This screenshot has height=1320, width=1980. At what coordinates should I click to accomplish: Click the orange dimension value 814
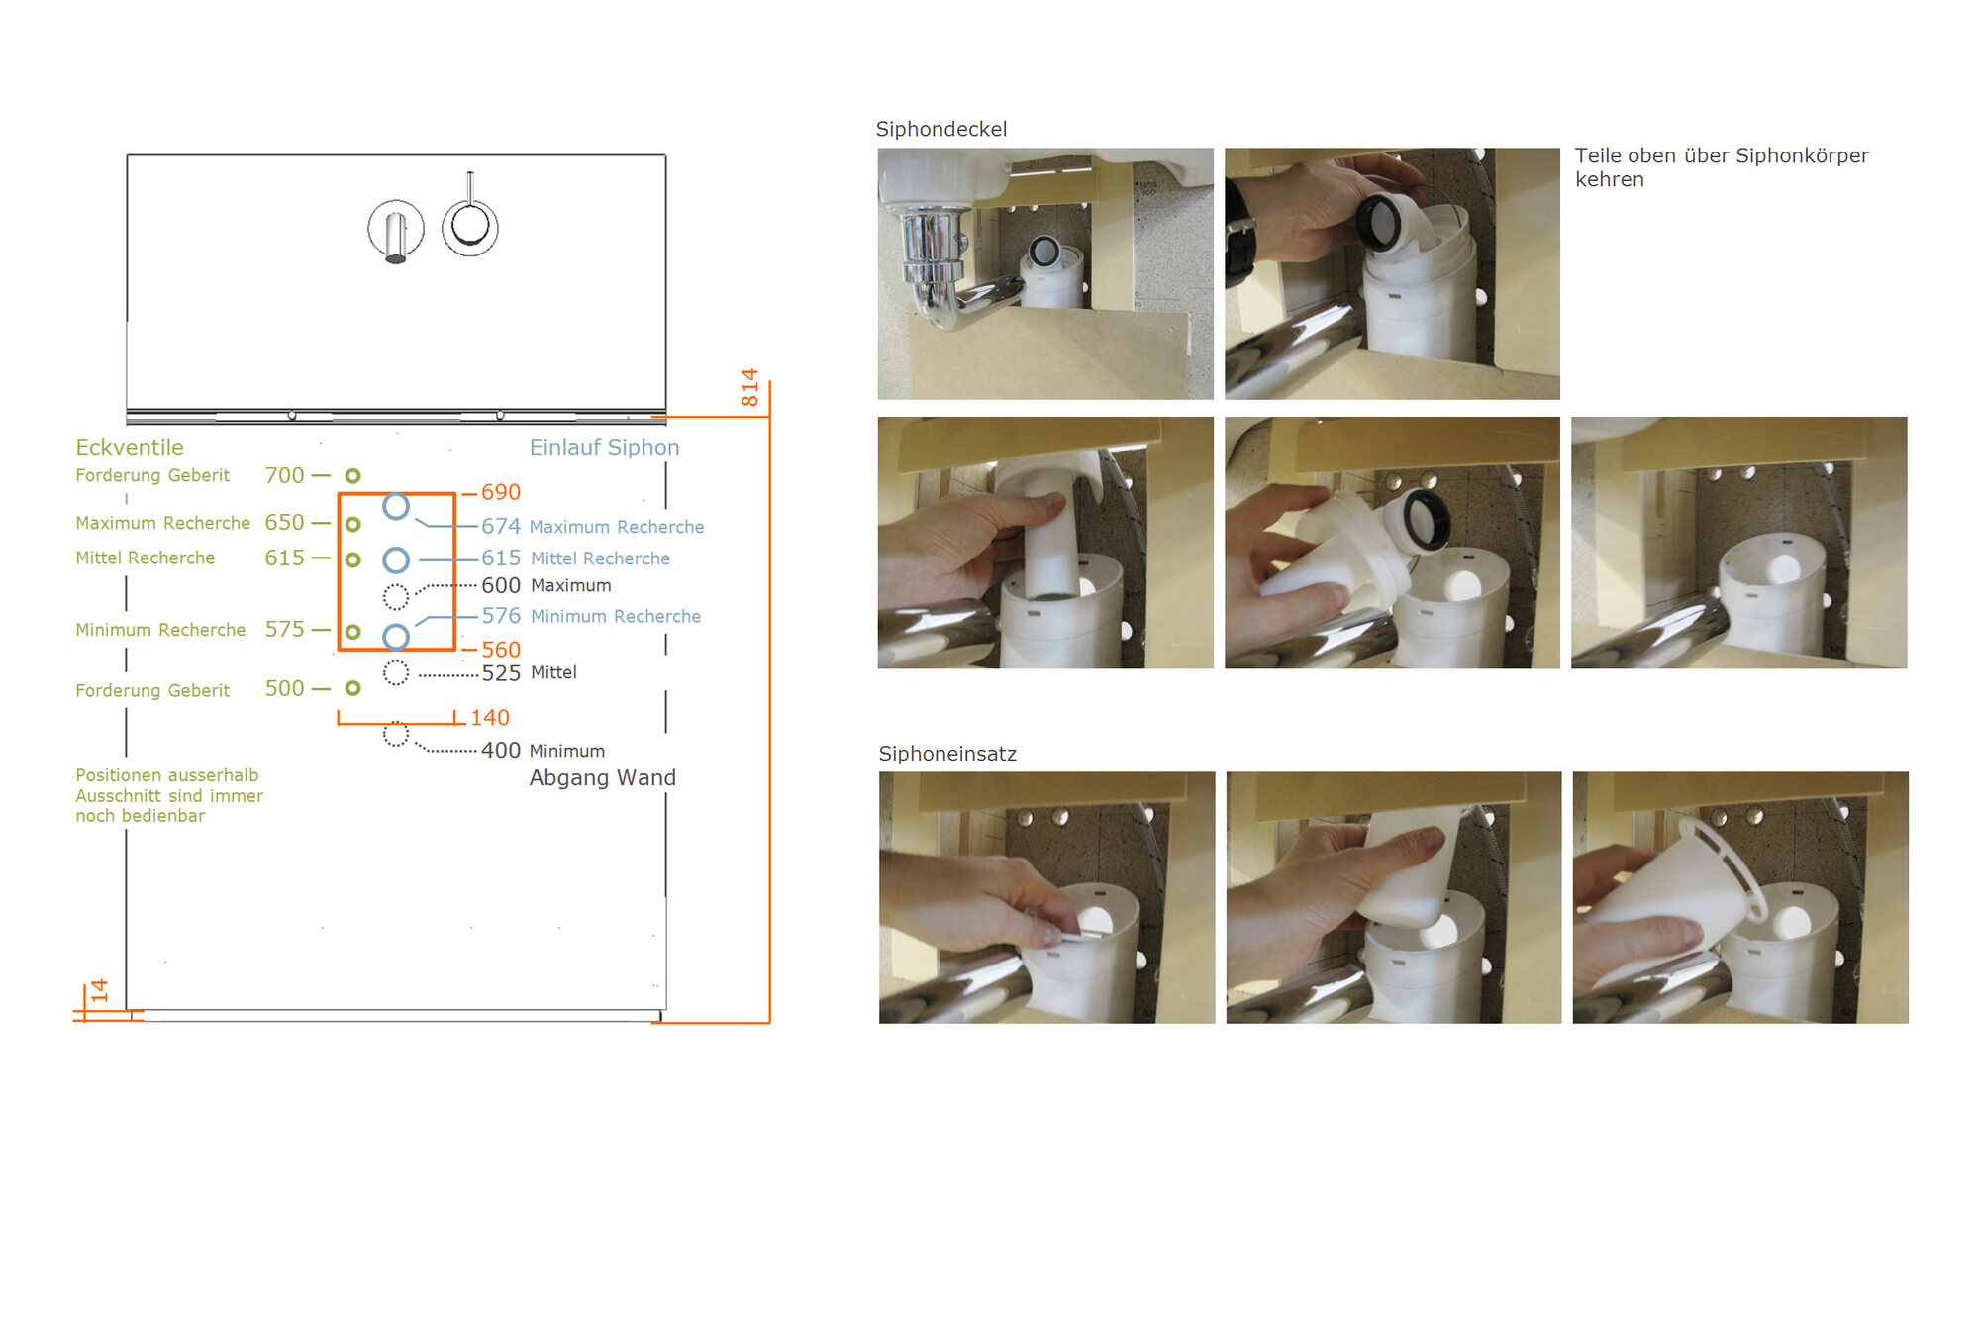point(749,387)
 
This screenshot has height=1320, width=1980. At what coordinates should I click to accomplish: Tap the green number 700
point(284,475)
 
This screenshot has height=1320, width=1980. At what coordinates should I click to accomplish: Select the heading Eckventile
point(130,447)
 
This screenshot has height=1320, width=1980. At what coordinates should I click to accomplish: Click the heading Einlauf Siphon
point(604,447)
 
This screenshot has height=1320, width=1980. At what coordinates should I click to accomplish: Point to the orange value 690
point(501,492)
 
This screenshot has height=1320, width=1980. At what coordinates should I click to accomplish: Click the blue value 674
point(501,527)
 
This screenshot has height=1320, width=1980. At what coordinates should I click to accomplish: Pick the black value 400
point(501,751)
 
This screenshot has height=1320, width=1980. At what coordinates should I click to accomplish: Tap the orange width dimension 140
point(490,718)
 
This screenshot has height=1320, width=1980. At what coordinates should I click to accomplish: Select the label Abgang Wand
point(603,778)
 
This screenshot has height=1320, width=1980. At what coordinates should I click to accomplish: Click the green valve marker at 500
point(352,688)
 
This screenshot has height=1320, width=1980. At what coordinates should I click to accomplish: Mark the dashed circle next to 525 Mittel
point(396,673)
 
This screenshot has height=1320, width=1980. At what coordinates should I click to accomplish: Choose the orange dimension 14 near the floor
point(100,990)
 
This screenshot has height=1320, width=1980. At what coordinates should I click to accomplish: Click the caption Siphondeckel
point(940,129)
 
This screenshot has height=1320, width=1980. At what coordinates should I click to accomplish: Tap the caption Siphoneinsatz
point(947,754)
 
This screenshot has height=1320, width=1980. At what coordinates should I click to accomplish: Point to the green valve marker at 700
point(352,476)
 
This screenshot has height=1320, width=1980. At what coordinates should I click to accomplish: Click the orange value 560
point(501,650)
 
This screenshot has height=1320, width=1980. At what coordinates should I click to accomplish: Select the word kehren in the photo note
point(1610,179)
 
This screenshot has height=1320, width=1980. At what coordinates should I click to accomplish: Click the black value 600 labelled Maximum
point(501,586)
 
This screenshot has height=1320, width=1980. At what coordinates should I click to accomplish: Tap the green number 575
point(284,629)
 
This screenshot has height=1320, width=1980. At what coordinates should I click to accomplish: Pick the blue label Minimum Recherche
point(616,616)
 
